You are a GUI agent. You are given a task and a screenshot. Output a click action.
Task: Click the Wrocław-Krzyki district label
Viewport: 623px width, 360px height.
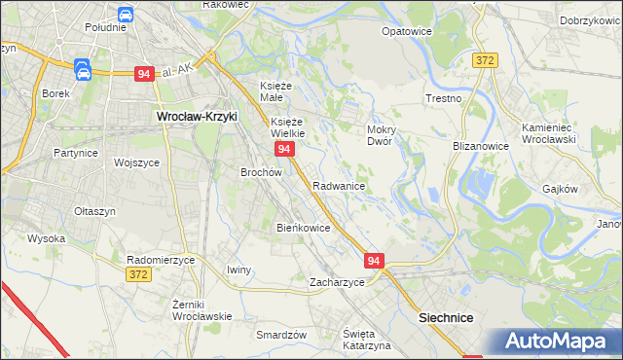pos(197,117)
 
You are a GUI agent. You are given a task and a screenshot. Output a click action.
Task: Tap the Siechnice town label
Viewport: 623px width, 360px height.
pos(445,318)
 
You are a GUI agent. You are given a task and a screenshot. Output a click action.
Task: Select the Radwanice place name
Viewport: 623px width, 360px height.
pos(339,186)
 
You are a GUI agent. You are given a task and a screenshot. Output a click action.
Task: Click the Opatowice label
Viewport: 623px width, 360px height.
pos(406,31)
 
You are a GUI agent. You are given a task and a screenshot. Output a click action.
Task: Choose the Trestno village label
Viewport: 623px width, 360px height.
pos(443,99)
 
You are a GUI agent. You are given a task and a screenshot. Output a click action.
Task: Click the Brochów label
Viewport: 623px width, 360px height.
pos(261,172)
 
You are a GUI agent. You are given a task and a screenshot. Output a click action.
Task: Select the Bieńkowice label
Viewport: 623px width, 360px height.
pos(304,228)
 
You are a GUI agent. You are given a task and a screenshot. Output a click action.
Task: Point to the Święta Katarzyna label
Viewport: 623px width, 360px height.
pos(366,340)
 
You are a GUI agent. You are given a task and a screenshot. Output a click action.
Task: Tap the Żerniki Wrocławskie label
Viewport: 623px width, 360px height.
pos(202,310)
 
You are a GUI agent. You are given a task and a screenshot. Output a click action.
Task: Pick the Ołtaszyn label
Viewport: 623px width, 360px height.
pos(94,211)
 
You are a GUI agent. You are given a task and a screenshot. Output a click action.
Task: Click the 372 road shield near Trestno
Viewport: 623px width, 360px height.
pos(486,60)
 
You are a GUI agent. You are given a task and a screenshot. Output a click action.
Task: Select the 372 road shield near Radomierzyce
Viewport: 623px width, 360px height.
pos(139,275)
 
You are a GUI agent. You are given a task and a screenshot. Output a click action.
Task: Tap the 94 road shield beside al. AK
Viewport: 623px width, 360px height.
pos(144,74)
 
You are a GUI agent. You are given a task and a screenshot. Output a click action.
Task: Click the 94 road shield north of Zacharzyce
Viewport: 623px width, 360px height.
pos(376,261)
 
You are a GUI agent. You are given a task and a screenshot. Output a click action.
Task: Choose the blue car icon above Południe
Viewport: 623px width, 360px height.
pos(125,14)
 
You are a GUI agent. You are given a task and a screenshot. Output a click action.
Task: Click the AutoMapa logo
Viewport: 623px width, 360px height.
pos(558,342)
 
